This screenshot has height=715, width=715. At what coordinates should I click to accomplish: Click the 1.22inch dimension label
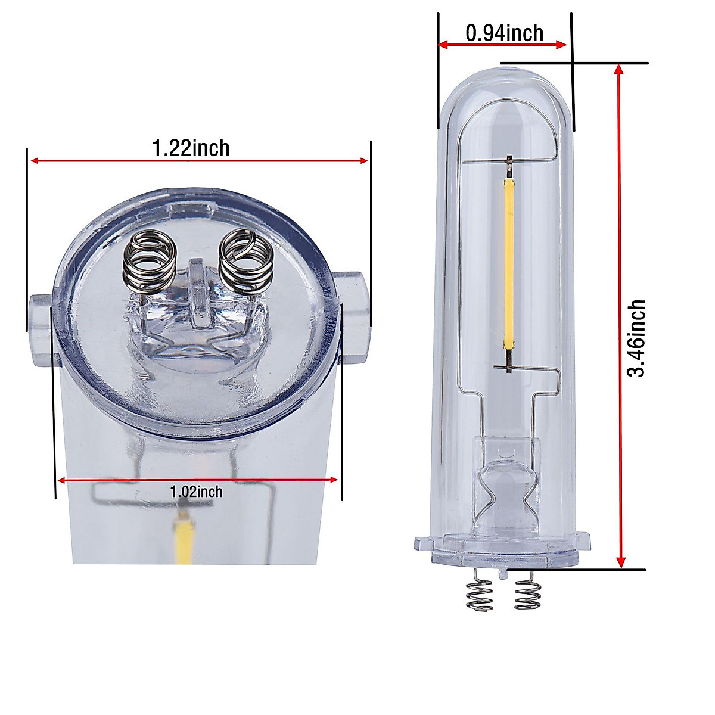(191, 147)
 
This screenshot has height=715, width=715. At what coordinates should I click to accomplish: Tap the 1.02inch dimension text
(196, 492)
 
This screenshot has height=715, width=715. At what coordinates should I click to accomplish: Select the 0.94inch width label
(504, 33)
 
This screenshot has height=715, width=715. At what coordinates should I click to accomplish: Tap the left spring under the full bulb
(479, 589)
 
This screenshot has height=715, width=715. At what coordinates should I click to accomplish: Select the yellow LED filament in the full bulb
(509, 262)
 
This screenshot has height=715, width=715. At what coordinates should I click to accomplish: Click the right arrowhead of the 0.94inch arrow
(561, 45)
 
